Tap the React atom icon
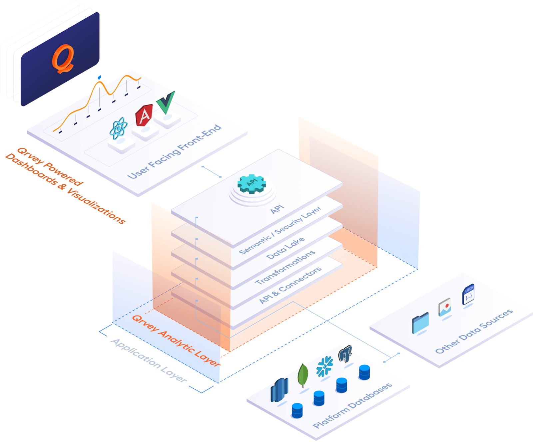coord(118,128)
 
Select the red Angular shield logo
coord(144,115)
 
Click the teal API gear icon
coord(252,184)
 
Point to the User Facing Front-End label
coord(174,151)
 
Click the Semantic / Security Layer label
coord(280,230)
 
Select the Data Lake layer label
coord(285,248)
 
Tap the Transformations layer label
coord(285,267)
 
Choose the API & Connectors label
coord(290,285)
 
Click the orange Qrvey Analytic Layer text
coord(176,340)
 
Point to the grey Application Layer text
coord(149,360)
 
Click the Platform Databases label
coord(352,405)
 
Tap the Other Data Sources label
coord(474,331)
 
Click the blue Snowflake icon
coord(324,366)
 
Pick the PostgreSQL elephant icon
coord(345,354)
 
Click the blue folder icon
coord(420,323)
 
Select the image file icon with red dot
coord(445,307)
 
